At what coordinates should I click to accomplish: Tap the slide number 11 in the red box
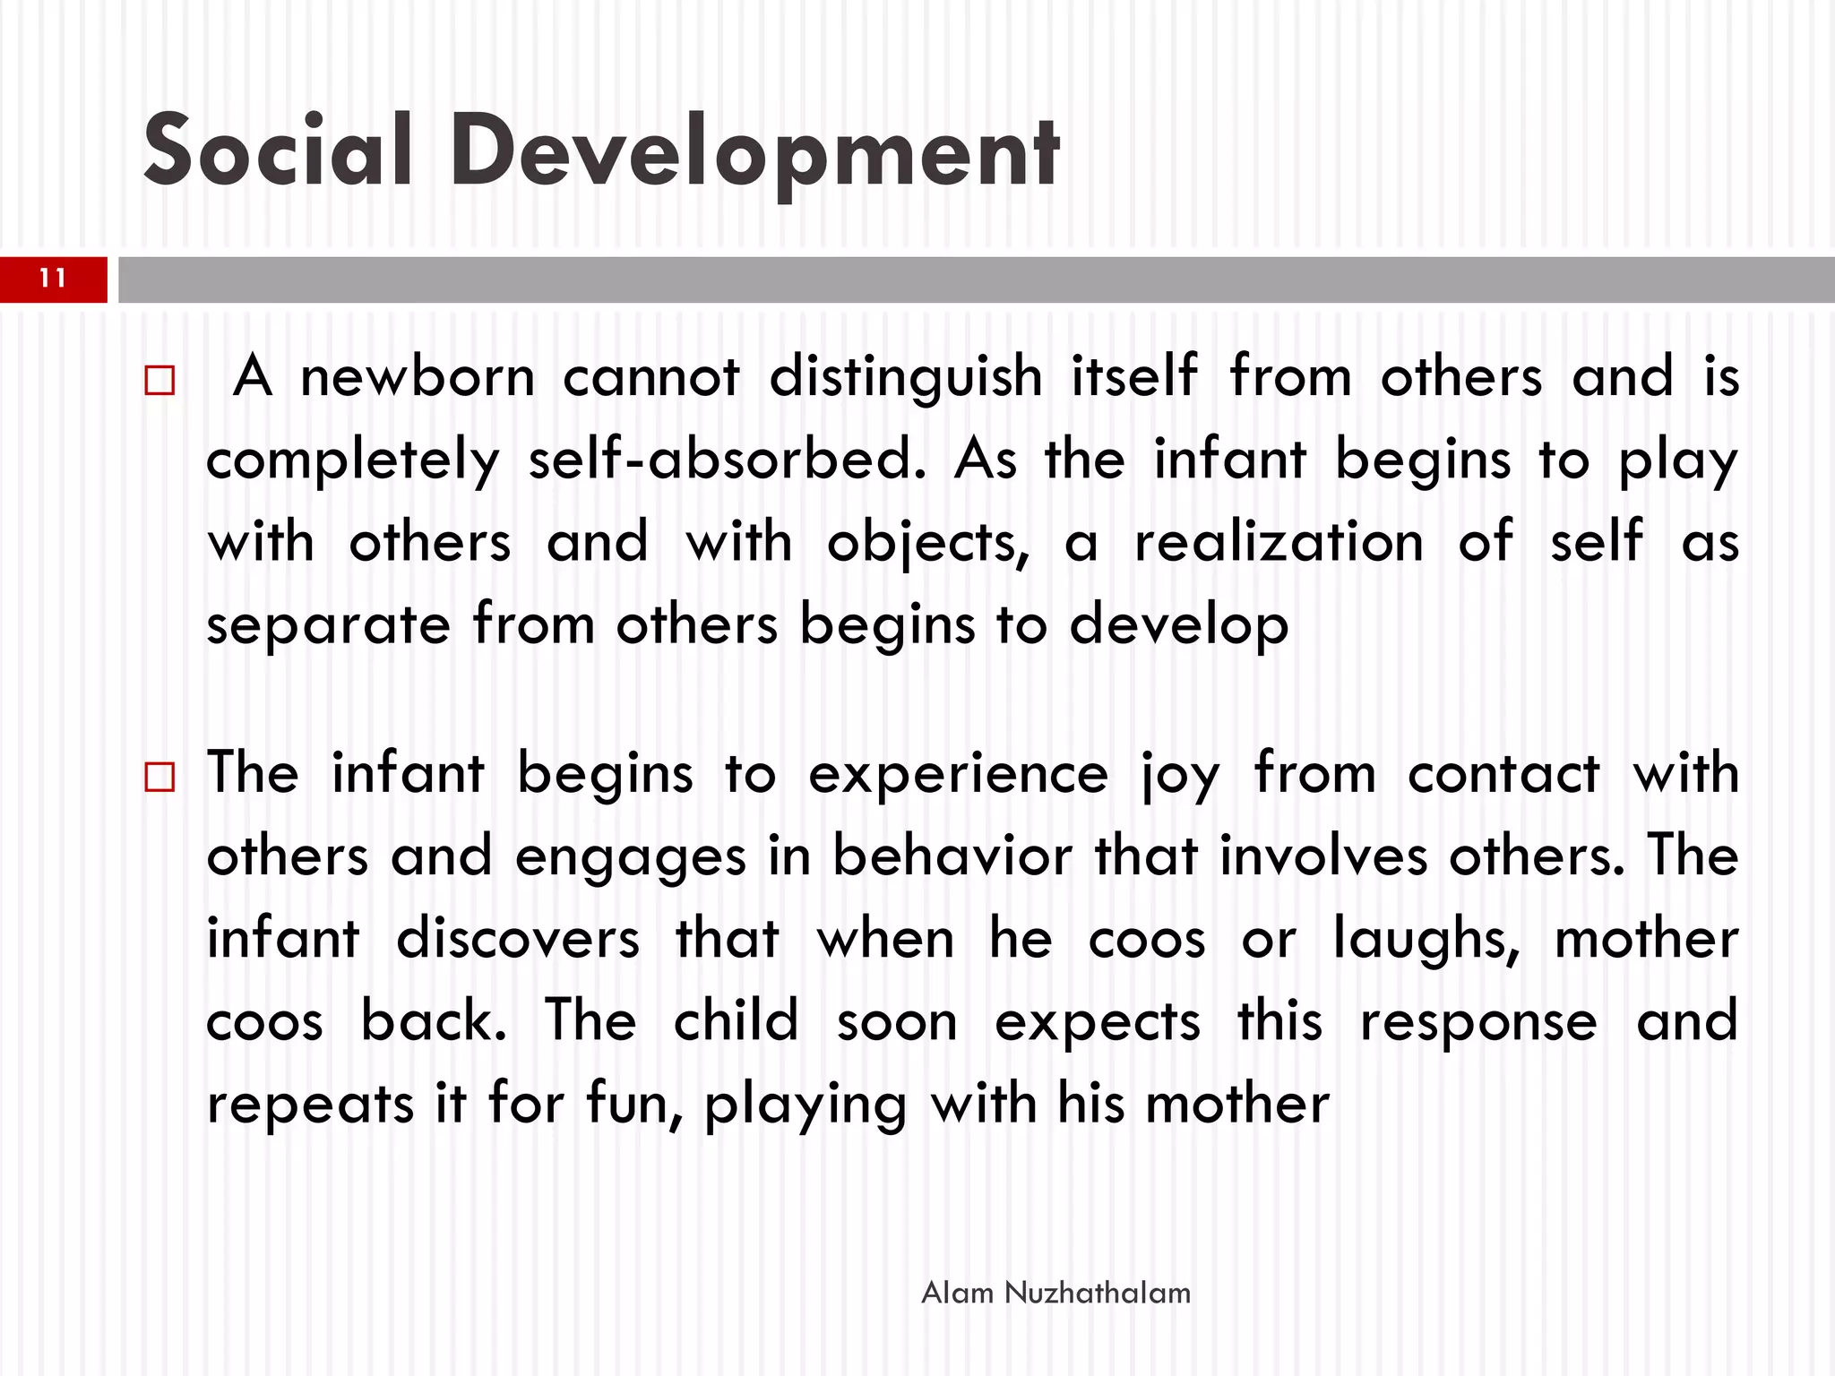pos(53,279)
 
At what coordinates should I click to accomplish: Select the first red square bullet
pos(159,381)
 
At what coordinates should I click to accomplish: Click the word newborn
pos(417,376)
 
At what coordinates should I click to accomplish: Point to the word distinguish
pos(906,378)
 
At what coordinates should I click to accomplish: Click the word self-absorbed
pos(727,460)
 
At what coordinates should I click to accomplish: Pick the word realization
pos(1279,543)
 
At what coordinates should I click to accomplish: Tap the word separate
pos(328,626)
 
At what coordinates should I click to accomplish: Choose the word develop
pos(1179,626)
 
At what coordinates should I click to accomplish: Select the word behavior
pos(952,856)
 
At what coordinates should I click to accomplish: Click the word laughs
pos(1426,940)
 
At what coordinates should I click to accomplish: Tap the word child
pos(735,1021)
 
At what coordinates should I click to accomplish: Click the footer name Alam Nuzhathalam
pos(1055,1293)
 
